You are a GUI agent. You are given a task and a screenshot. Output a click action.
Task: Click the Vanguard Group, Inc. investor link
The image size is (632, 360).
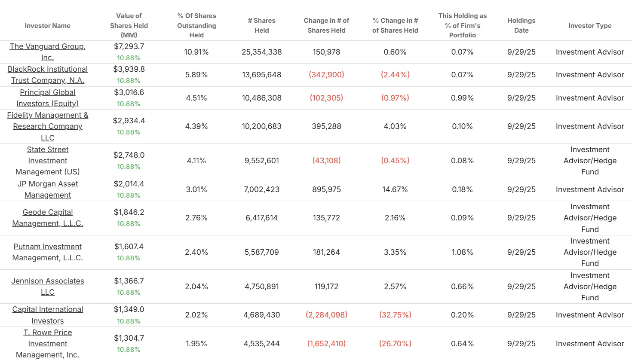pyautogui.click(x=47, y=52)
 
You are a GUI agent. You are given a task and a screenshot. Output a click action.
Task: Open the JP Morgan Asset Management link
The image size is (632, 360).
pyautogui.click(x=47, y=189)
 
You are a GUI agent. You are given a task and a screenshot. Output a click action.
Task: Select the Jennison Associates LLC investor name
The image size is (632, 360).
pyautogui.click(x=47, y=287)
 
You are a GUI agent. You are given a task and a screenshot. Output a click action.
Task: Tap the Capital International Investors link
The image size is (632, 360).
pyautogui.click(x=47, y=315)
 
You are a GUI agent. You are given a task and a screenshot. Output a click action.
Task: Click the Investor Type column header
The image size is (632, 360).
pyautogui.click(x=589, y=26)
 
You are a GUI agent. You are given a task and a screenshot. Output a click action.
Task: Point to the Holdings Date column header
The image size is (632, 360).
pyautogui.click(x=521, y=26)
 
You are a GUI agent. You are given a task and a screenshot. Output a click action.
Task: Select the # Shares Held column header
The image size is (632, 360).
pyautogui.click(x=261, y=26)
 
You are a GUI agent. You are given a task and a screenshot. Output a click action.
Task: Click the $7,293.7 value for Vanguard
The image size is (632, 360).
pyautogui.click(x=129, y=46)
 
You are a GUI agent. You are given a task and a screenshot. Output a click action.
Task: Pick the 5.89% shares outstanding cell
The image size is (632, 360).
pyautogui.click(x=196, y=75)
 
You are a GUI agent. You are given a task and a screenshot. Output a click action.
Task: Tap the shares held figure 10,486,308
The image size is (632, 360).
pyautogui.click(x=261, y=98)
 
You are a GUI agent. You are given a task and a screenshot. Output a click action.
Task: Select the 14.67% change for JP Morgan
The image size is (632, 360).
pyautogui.click(x=395, y=189)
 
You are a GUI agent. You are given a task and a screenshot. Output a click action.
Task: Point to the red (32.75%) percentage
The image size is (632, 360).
pyautogui.click(x=395, y=315)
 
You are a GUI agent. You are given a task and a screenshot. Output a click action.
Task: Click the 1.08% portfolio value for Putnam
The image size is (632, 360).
pyautogui.click(x=462, y=252)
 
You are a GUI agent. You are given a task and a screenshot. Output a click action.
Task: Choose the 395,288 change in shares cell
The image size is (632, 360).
pyautogui.click(x=326, y=126)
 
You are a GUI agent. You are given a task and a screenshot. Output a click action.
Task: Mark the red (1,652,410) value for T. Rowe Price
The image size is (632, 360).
pyautogui.click(x=326, y=344)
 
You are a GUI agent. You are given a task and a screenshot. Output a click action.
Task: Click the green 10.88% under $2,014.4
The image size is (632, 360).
pyautogui.click(x=129, y=195)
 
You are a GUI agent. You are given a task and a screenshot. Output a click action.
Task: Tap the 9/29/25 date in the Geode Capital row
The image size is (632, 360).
pyautogui.click(x=521, y=218)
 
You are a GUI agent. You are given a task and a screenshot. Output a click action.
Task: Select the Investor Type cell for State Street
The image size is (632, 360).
pyautogui.click(x=589, y=161)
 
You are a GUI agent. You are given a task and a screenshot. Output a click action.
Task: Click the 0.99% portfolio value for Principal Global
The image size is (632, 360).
pyautogui.click(x=462, y=98)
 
